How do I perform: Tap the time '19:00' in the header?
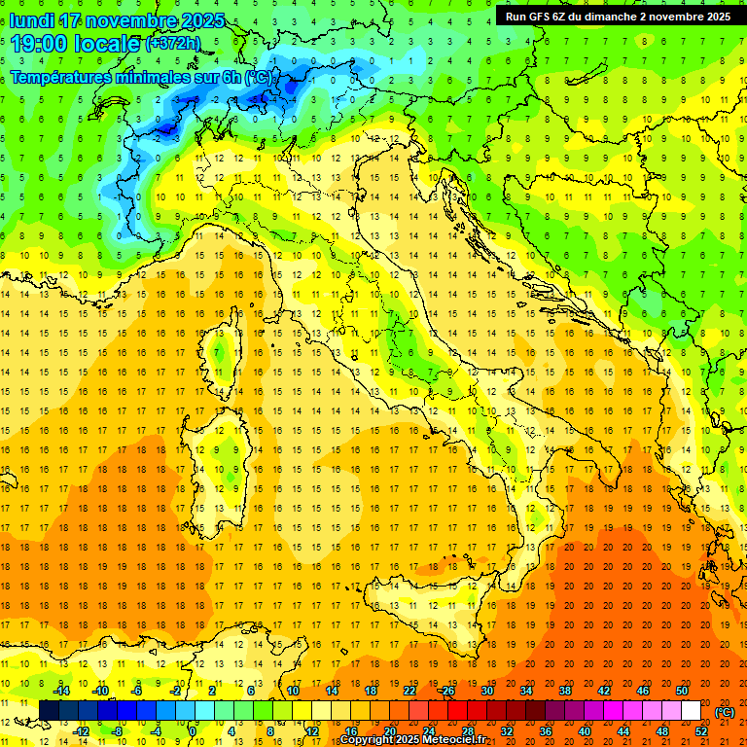point(40,44)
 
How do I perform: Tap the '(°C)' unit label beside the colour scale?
point(725,712)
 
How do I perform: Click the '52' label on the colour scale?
point(702,731)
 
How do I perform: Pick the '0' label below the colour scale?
point(193,731)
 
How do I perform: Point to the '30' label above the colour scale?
point(486,691)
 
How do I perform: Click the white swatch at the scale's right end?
point(691,711)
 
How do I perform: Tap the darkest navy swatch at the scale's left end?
point(49,711)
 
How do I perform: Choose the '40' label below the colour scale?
point(584,731)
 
